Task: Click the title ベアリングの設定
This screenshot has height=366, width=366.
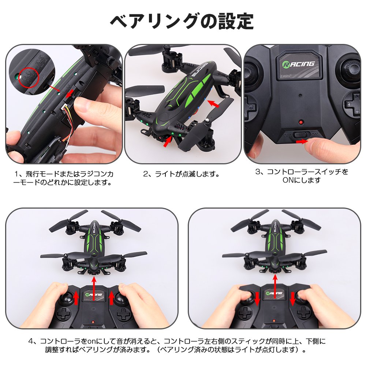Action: [x=182, y=21]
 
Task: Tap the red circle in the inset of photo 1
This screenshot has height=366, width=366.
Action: [x=29, y=79]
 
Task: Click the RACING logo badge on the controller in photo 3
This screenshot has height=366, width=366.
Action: [x=299, y=64]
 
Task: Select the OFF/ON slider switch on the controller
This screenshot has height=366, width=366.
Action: [x=302, y=135]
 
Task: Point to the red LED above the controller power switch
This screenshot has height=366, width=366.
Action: [x=301, y=122]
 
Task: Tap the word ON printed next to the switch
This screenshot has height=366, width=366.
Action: [x=315, y=134]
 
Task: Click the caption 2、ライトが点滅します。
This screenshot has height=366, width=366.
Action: [x=182, y=174]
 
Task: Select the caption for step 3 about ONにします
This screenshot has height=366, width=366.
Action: [x=302, y=176]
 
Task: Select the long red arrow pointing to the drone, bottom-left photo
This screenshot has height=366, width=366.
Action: [x=94, y=288]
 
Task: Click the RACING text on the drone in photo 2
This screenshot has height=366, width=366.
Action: [x=199, y=70]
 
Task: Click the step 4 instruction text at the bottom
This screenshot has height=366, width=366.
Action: [x=177, y=345]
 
